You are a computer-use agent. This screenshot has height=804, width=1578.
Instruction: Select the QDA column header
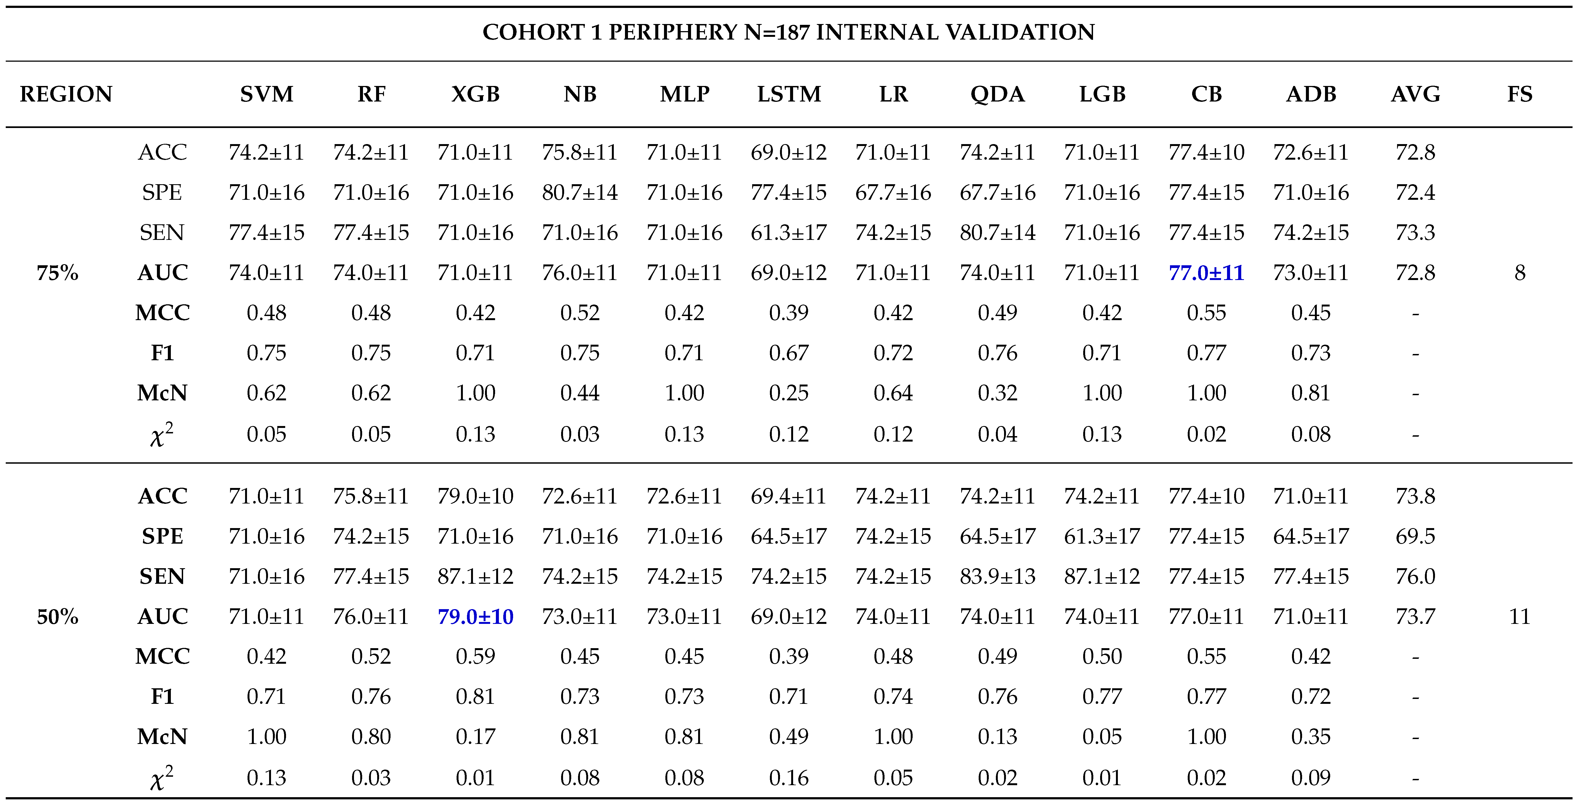point(997,94)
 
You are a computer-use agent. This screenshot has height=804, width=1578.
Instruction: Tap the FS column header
point(1519,94)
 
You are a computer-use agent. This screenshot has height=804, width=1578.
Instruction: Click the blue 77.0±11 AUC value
point(1206,272)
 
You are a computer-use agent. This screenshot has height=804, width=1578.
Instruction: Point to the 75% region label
point(58,272)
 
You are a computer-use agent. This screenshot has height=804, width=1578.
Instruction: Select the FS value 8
point(1519,272)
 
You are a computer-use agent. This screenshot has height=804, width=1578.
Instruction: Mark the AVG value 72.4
point(1415,192)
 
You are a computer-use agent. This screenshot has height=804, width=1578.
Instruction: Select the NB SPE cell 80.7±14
point(579,192)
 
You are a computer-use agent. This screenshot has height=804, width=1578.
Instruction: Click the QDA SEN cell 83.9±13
point(997,576)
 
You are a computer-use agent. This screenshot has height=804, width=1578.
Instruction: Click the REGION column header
point(66,94)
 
